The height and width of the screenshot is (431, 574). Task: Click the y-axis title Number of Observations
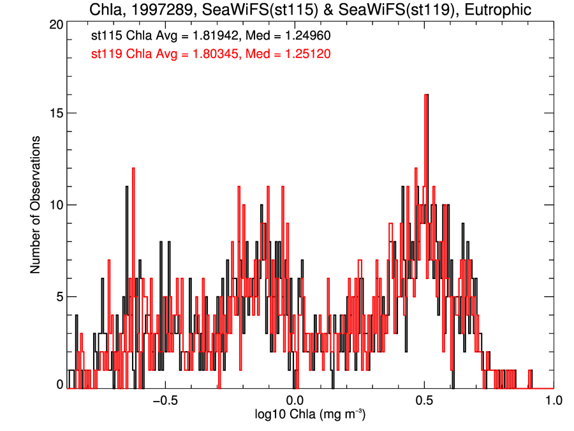36,204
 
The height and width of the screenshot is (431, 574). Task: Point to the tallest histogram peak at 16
425,96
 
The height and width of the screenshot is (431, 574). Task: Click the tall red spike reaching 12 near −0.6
134,169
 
